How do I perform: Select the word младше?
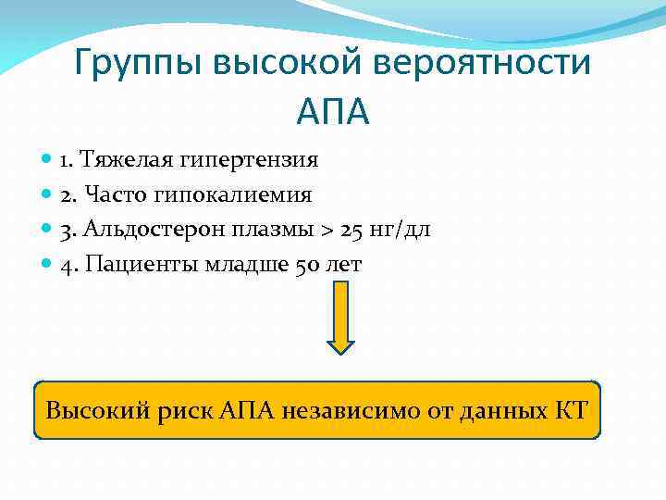[240, 265]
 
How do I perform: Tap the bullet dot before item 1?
[47, 160]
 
